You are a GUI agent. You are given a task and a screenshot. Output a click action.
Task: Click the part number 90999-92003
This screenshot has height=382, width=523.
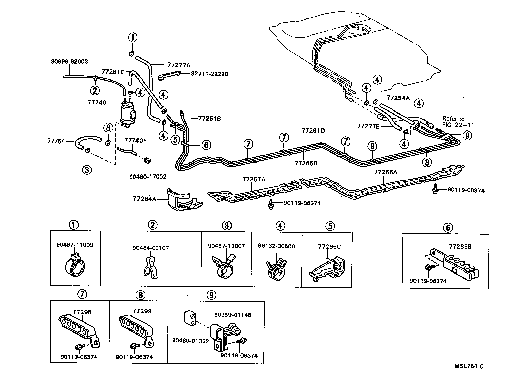69,61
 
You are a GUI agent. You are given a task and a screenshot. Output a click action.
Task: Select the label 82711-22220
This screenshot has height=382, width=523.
210,74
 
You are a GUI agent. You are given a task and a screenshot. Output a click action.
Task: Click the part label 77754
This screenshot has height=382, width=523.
56,142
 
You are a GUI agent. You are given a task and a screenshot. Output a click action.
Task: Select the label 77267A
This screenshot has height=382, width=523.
254,179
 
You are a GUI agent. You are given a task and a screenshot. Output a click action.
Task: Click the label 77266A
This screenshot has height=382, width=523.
386,172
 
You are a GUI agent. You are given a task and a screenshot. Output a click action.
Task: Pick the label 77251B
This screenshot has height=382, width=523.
209,118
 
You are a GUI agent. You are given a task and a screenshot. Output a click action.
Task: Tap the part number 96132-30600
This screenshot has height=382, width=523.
280,246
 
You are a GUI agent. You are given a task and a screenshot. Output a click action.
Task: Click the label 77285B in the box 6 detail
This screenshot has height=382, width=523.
460,246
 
